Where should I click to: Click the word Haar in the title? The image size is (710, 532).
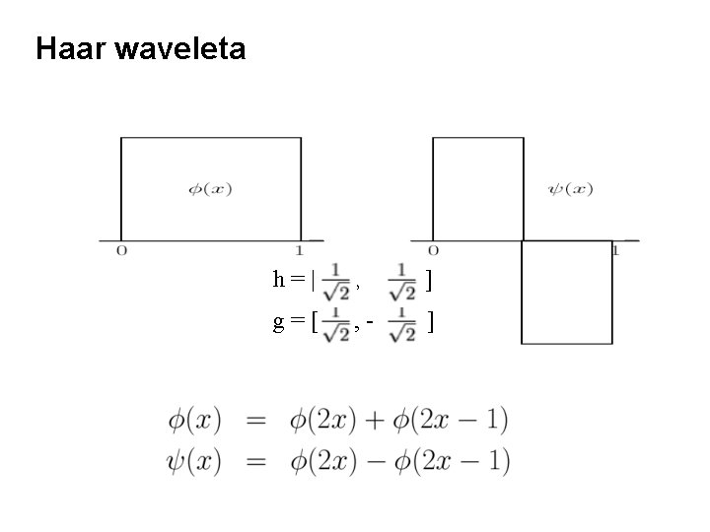pyautogui.click(x=70, y=48)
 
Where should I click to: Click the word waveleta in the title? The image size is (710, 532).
pyautogui.click(x=179, y=48)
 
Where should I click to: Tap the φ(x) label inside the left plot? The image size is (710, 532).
pyautogui.click(x=209, y=188)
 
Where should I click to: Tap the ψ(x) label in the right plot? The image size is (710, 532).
pyautogui.click(x=570, y=188)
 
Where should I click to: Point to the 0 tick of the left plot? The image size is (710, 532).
pyautogui.click(x=121, y=250)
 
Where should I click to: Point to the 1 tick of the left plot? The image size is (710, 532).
pyautogui.click(x=300, y=250)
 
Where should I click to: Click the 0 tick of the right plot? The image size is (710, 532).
pyautogui.click(x=434, y=250)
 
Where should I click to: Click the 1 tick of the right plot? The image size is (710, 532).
pyautogui.click(x=614, y=250)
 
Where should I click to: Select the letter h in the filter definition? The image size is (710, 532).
pyautogui.click(x=279, y=280)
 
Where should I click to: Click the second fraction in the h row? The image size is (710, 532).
pyautogui.click(x=402, y=280)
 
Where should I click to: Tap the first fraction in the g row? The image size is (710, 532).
pyautogui.click(x=336, y=322)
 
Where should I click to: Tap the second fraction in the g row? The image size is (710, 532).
pyautogui.click(x=401, y=322)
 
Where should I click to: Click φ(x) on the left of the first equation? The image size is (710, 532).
pyautogui.click(x=193, y=421)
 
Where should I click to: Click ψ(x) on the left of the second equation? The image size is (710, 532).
pyautogui.click(x=193, y=460)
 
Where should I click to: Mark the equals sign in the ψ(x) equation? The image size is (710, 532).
pyautogui.click(x=255, y=460)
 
